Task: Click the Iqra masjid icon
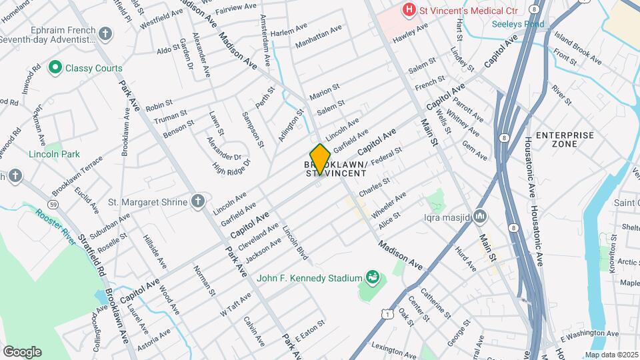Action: pyautogui.click(x=481, y=217)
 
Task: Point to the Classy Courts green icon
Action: pyautogui.click(x=55, y=67)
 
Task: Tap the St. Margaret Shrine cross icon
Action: pyautogui.click(x=198, y=201)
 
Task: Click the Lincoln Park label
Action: pyautogui.click(x=54, y=154)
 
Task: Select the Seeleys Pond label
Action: pyautogui.click(x=518, y=24)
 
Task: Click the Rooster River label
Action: pyautogui.click(x=57, y=227)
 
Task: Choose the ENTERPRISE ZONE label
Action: pyautogui.click(x=565, y=139)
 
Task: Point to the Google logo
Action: pyautogui.click(x=22, y=351)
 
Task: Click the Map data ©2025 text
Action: pyautogui.click(x=611, y=355)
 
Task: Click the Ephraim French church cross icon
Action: pyautogui.click(x=105, y=33)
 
